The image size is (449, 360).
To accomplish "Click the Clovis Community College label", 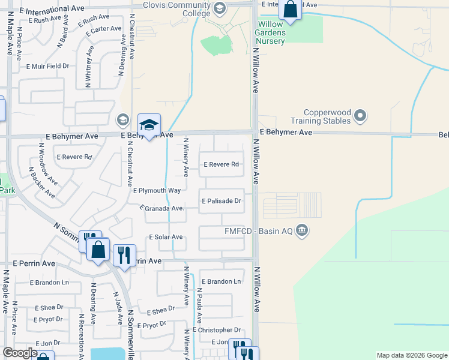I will tap(176, 6).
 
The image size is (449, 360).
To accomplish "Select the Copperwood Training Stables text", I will tap(327, 116).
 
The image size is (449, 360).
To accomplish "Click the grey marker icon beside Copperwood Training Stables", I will tap(360, 115).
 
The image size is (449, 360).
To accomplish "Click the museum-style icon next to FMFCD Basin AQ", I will tap(302, 230).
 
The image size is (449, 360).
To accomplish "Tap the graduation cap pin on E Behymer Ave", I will tap(149, 125).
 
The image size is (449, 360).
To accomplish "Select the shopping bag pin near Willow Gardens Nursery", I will tap(291, 10).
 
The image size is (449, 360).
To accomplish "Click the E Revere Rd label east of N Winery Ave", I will tap(221, 164).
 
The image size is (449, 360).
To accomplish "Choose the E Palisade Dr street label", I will tap(221, 201).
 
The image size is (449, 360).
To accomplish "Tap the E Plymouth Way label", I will tap(157, 191).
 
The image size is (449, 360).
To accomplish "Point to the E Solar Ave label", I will tap(166, 237).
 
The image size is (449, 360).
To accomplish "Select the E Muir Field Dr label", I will tap(48, 66).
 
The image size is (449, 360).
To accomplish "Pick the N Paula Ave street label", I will tap(199, 304).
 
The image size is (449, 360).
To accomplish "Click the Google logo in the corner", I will tap(20, 353).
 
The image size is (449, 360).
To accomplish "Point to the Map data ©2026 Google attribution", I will tap(411, 355).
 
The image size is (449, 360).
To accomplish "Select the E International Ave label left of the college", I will tap(52, 10).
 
